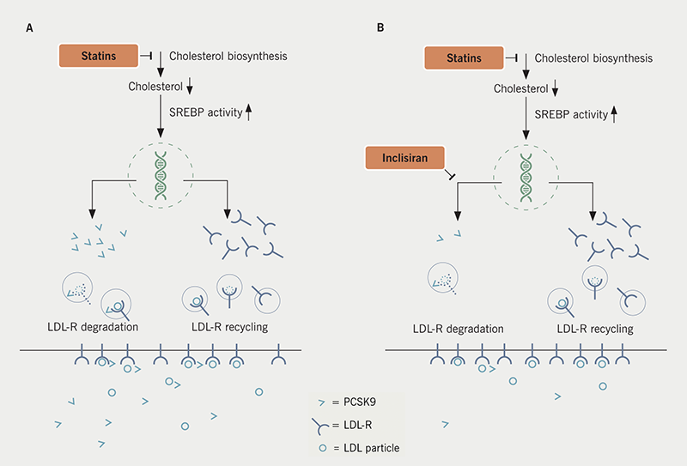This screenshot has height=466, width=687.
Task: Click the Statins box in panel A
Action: (97, 56)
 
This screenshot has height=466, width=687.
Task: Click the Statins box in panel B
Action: (464, 58)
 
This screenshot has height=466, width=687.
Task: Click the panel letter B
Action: (381, 27)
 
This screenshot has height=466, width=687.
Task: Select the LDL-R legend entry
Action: (350, 424)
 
